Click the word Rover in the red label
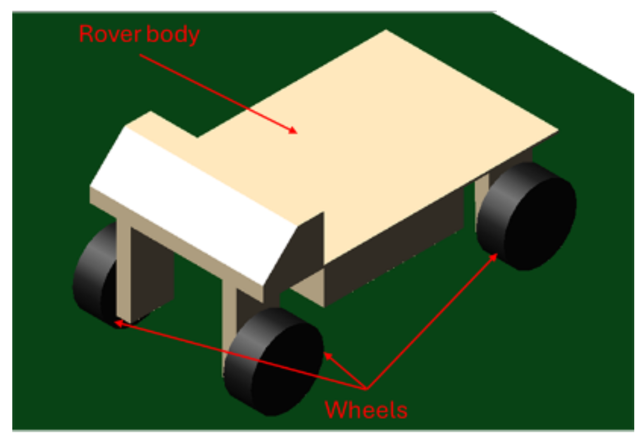click(x=110, y=34)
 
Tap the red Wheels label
click(x=366, y=410)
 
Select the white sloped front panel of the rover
click(x=193, y=204)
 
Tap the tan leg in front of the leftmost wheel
click(x=123, y=272)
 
